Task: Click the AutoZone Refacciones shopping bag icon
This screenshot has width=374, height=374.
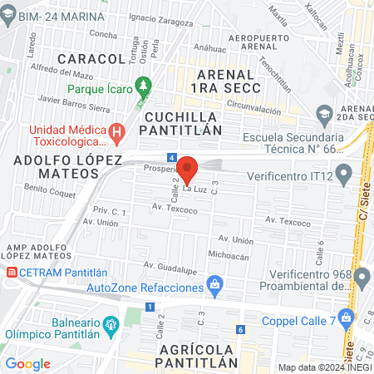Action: pyautogui.click(x=216, y=285)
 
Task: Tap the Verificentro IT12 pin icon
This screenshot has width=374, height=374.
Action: pyautogui.click(x=347, y=173)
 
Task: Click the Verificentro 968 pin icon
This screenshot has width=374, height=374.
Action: pyautogui.click(x=360, y=275)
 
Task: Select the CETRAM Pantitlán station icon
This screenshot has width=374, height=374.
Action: pyautogui.click(x=12, y=272)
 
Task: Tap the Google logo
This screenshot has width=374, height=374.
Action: pyautogui.click(x=28, y=363)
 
